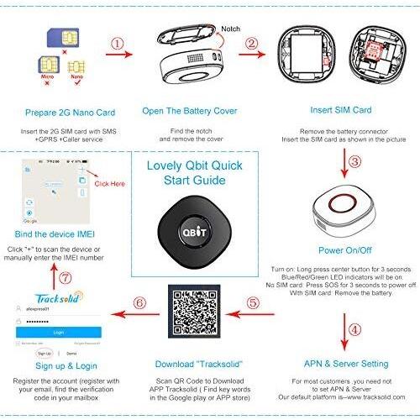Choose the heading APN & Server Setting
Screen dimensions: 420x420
(346, 364)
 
